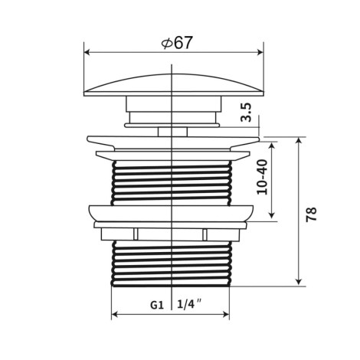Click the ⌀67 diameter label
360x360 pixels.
176,43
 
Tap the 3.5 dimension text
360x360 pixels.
247,113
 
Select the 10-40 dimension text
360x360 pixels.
263,177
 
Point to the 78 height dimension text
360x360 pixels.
311,214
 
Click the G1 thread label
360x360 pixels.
157,305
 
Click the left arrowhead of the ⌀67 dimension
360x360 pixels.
87,53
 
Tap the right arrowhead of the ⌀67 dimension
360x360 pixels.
260,53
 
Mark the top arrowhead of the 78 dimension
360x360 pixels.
299,141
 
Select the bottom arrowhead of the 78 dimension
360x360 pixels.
299,282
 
